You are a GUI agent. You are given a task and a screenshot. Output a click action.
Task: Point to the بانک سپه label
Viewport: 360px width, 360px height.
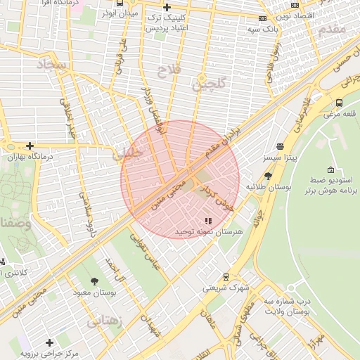click(x=262, y=30)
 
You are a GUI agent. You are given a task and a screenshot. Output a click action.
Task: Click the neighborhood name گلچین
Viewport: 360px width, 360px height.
click(x=210, y=86)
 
